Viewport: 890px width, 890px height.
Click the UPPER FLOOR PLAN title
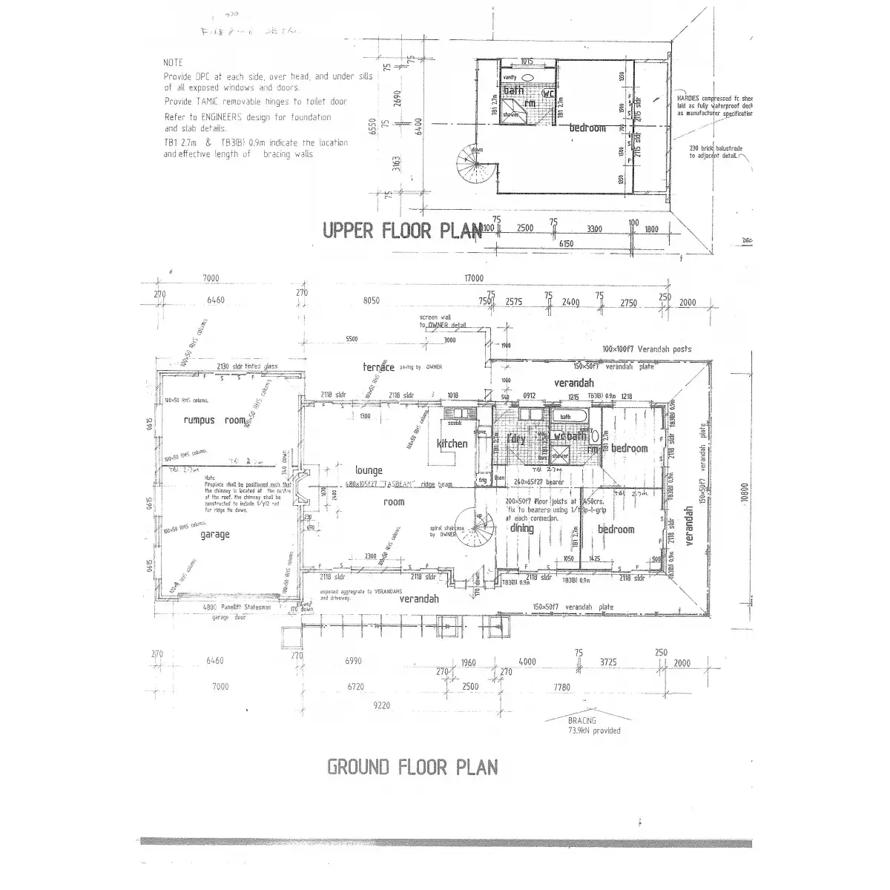pos(401,231)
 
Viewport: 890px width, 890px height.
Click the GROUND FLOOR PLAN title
pos(412,766)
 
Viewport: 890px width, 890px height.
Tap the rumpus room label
pos(214,421)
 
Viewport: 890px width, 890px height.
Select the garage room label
pos(214,534)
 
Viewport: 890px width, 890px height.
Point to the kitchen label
pos(452,444)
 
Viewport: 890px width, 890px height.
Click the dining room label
pos(521,528)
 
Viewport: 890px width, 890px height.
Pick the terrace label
pos(378,367)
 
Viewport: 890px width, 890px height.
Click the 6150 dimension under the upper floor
pos(566,244)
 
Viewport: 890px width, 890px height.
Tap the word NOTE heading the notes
pos(173,63)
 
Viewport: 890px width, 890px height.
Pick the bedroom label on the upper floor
pos(587,128)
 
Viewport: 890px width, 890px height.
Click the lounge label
pos(369,470)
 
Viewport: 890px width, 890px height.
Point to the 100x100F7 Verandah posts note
pos(646,349)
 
